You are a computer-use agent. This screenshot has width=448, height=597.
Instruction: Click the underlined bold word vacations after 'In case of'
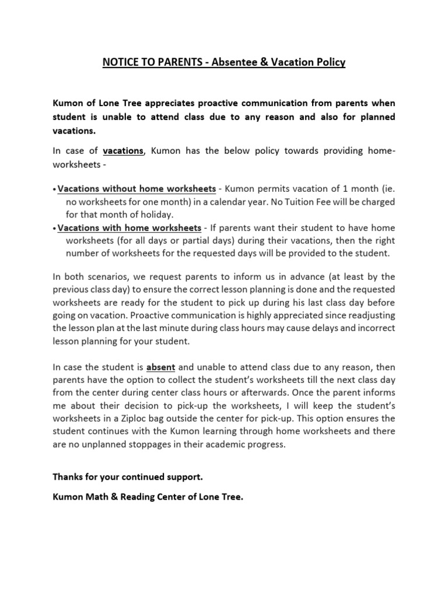[x=123, y=150]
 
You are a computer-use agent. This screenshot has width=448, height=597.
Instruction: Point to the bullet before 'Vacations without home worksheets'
[x=55, y=189]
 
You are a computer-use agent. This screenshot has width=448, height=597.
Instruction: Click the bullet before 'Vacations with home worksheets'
[x=55, y=227]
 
